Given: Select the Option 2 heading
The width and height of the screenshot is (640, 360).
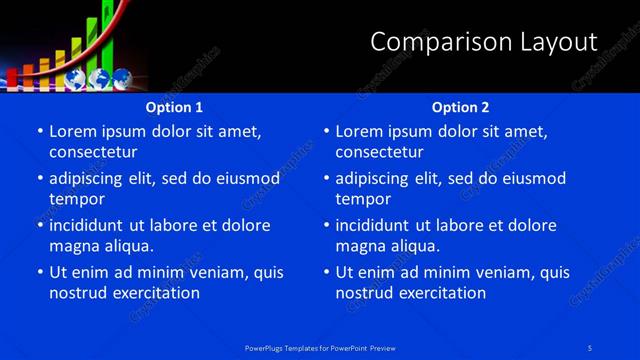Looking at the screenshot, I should pyautogui.click(x=460, y=107).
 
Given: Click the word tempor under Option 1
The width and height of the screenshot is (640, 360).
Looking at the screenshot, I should pyautogui.click(x=76, y=199).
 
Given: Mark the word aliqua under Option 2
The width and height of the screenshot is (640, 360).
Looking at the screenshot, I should pyautogui.click(x=411, y=246).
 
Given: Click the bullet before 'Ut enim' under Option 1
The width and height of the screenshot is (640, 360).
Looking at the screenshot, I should pyautogui.click(x=39, y=272).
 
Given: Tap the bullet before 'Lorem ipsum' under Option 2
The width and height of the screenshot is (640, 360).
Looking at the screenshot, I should pyautogui.click(x=325, y=131).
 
